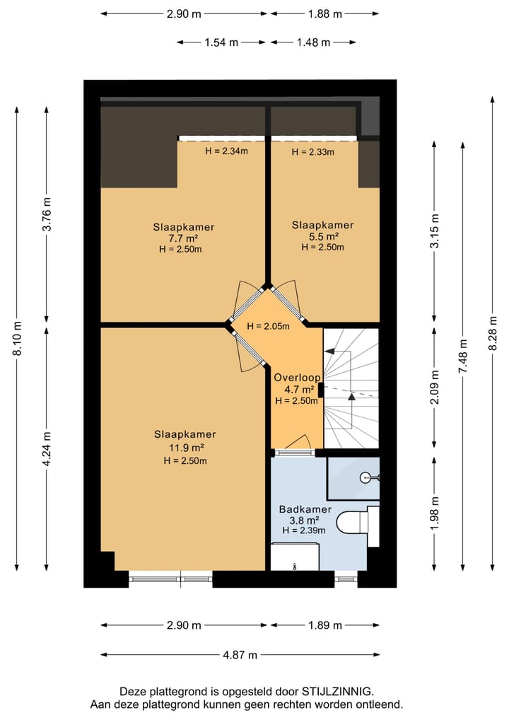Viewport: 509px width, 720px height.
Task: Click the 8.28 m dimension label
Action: tap(493, 333)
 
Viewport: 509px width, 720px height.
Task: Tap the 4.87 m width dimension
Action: tap(240, 655)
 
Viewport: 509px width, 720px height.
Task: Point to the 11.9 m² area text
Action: tap(185, 448)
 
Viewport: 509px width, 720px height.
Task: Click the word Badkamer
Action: tap(305, 509)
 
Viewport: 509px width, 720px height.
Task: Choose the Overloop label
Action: tap(298, 378)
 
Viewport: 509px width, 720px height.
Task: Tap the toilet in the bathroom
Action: tap(358, 523)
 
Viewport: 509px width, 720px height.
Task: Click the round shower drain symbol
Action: tap(365, 478)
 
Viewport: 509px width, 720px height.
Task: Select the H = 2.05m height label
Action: tap(268, 327)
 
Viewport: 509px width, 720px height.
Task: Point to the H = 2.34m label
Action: tap(226, 151)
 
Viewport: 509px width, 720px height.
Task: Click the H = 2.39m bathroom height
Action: tap(304, 531)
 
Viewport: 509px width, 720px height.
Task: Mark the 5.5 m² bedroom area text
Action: tap(323, 236)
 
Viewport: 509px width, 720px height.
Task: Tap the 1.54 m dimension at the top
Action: tap(221, 42)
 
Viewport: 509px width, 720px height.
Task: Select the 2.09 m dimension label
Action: tap(435, 387)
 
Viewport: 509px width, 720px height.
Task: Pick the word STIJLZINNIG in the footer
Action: tap(337, 692)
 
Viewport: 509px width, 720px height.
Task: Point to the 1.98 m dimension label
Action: tap(435, 513)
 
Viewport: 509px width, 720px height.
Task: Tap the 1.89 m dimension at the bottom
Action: tap(325, 625)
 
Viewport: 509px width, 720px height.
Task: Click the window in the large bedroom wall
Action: tap(170, 579)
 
